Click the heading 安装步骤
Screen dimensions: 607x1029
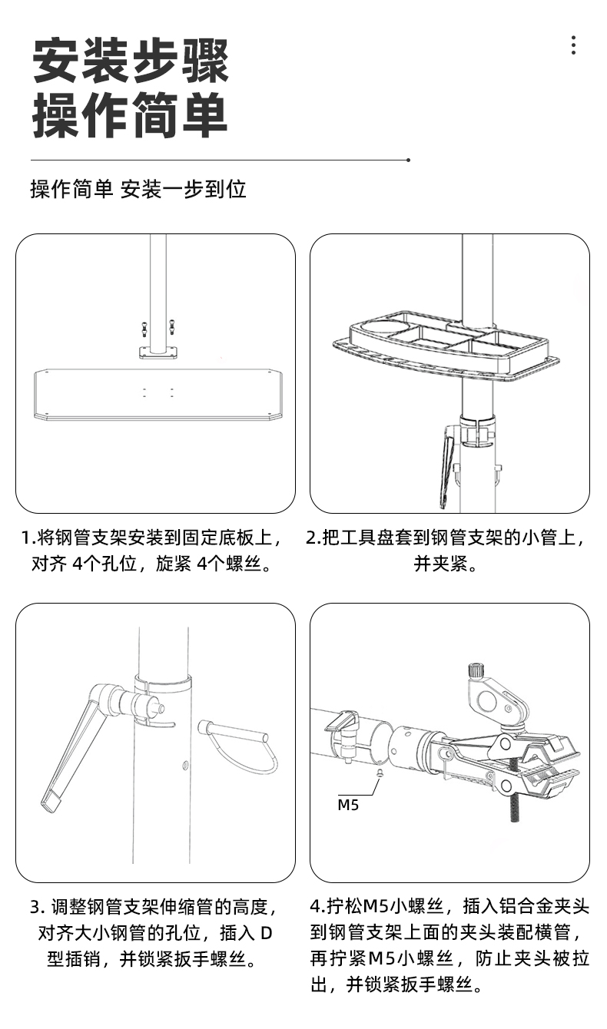coord(131,61)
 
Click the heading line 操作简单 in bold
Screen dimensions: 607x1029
coord(131,115)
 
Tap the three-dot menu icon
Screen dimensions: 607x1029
coord(573,45)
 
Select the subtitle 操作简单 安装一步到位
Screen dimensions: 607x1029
coord(138,189)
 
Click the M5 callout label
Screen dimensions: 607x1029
coord(348,806)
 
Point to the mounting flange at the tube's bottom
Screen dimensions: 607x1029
coord(158,352)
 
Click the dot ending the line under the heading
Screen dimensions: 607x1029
coord(408,160)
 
